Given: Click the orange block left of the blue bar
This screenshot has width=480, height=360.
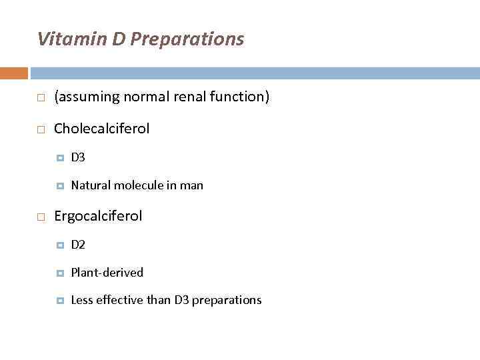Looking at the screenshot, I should tap(14, 73).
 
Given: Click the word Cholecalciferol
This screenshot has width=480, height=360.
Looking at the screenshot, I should tap(101, 128).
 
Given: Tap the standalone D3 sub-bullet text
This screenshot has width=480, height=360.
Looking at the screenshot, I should tap(78, 158).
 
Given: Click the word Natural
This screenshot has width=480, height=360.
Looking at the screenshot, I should tap(91, 185).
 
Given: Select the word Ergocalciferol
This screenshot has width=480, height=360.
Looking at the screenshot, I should tap(98, 216).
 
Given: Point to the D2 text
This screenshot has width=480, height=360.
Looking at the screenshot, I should tap(78, 245).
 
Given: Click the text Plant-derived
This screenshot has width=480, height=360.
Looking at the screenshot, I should tap(107, 273).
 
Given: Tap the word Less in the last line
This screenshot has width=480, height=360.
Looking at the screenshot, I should tap(81, 300).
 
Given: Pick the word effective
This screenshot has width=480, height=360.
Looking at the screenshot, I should tap(119, 300).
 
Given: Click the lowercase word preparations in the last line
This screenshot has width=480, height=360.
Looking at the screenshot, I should tap(227, 301).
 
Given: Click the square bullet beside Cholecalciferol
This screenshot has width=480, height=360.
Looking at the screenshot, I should tap(41, 129).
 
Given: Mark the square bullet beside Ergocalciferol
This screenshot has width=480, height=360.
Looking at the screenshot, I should tap(41, 217).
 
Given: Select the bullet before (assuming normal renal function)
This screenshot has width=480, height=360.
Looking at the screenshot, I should tap(41, 97).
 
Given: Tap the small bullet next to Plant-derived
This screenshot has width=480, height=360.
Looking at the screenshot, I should tap(60, 273).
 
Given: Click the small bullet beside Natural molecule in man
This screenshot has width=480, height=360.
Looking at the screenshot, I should tap(60, 185).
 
